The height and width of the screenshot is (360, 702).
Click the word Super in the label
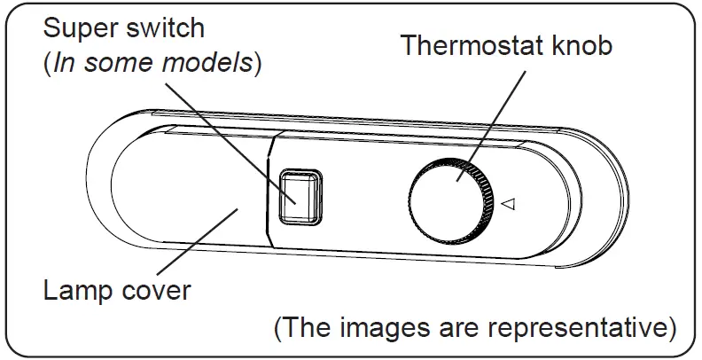coord(79,27)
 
